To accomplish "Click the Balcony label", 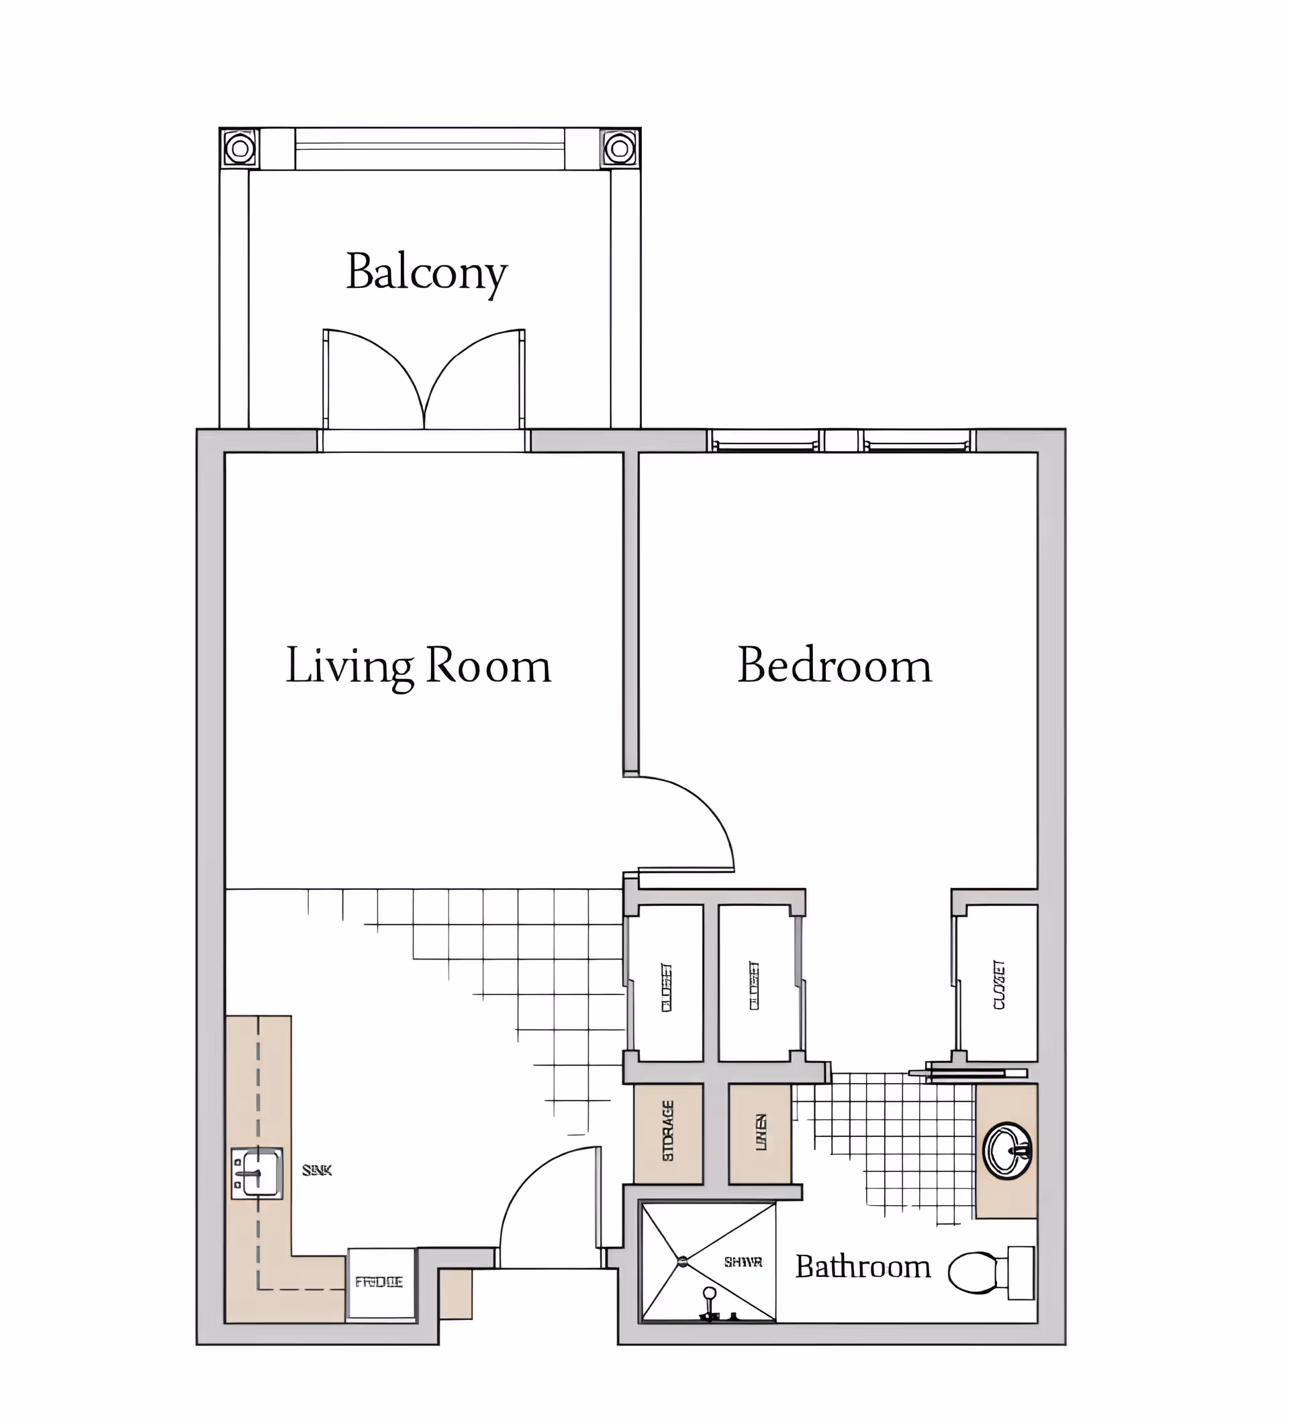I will click(426, 272).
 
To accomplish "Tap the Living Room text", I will click(418, 666).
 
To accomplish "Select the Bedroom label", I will click(834, 665).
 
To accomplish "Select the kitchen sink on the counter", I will click(257, 1174).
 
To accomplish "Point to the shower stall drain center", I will click(681, 1262).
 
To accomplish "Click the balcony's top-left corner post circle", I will click(240, 148).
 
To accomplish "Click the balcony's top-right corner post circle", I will click(620, 148).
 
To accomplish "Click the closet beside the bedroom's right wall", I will click(998, 984).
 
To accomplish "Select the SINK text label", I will click(316, 1170).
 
